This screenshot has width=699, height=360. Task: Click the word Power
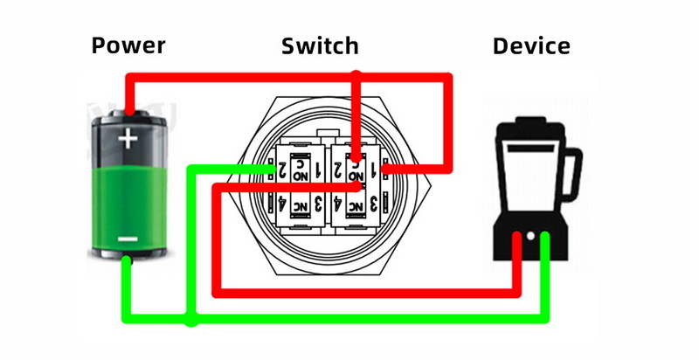128,45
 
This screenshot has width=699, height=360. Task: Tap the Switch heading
320,45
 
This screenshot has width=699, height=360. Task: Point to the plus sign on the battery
129,138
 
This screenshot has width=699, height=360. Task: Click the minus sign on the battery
128,239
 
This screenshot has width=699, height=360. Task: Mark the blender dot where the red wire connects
518,236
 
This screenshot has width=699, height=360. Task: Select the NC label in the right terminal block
356,206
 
